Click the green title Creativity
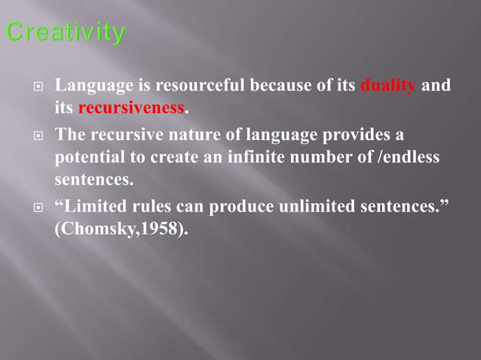pos(65,33)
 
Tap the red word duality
pos(388,86)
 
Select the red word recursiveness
pos(131,108)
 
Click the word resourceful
pos(201,86)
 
